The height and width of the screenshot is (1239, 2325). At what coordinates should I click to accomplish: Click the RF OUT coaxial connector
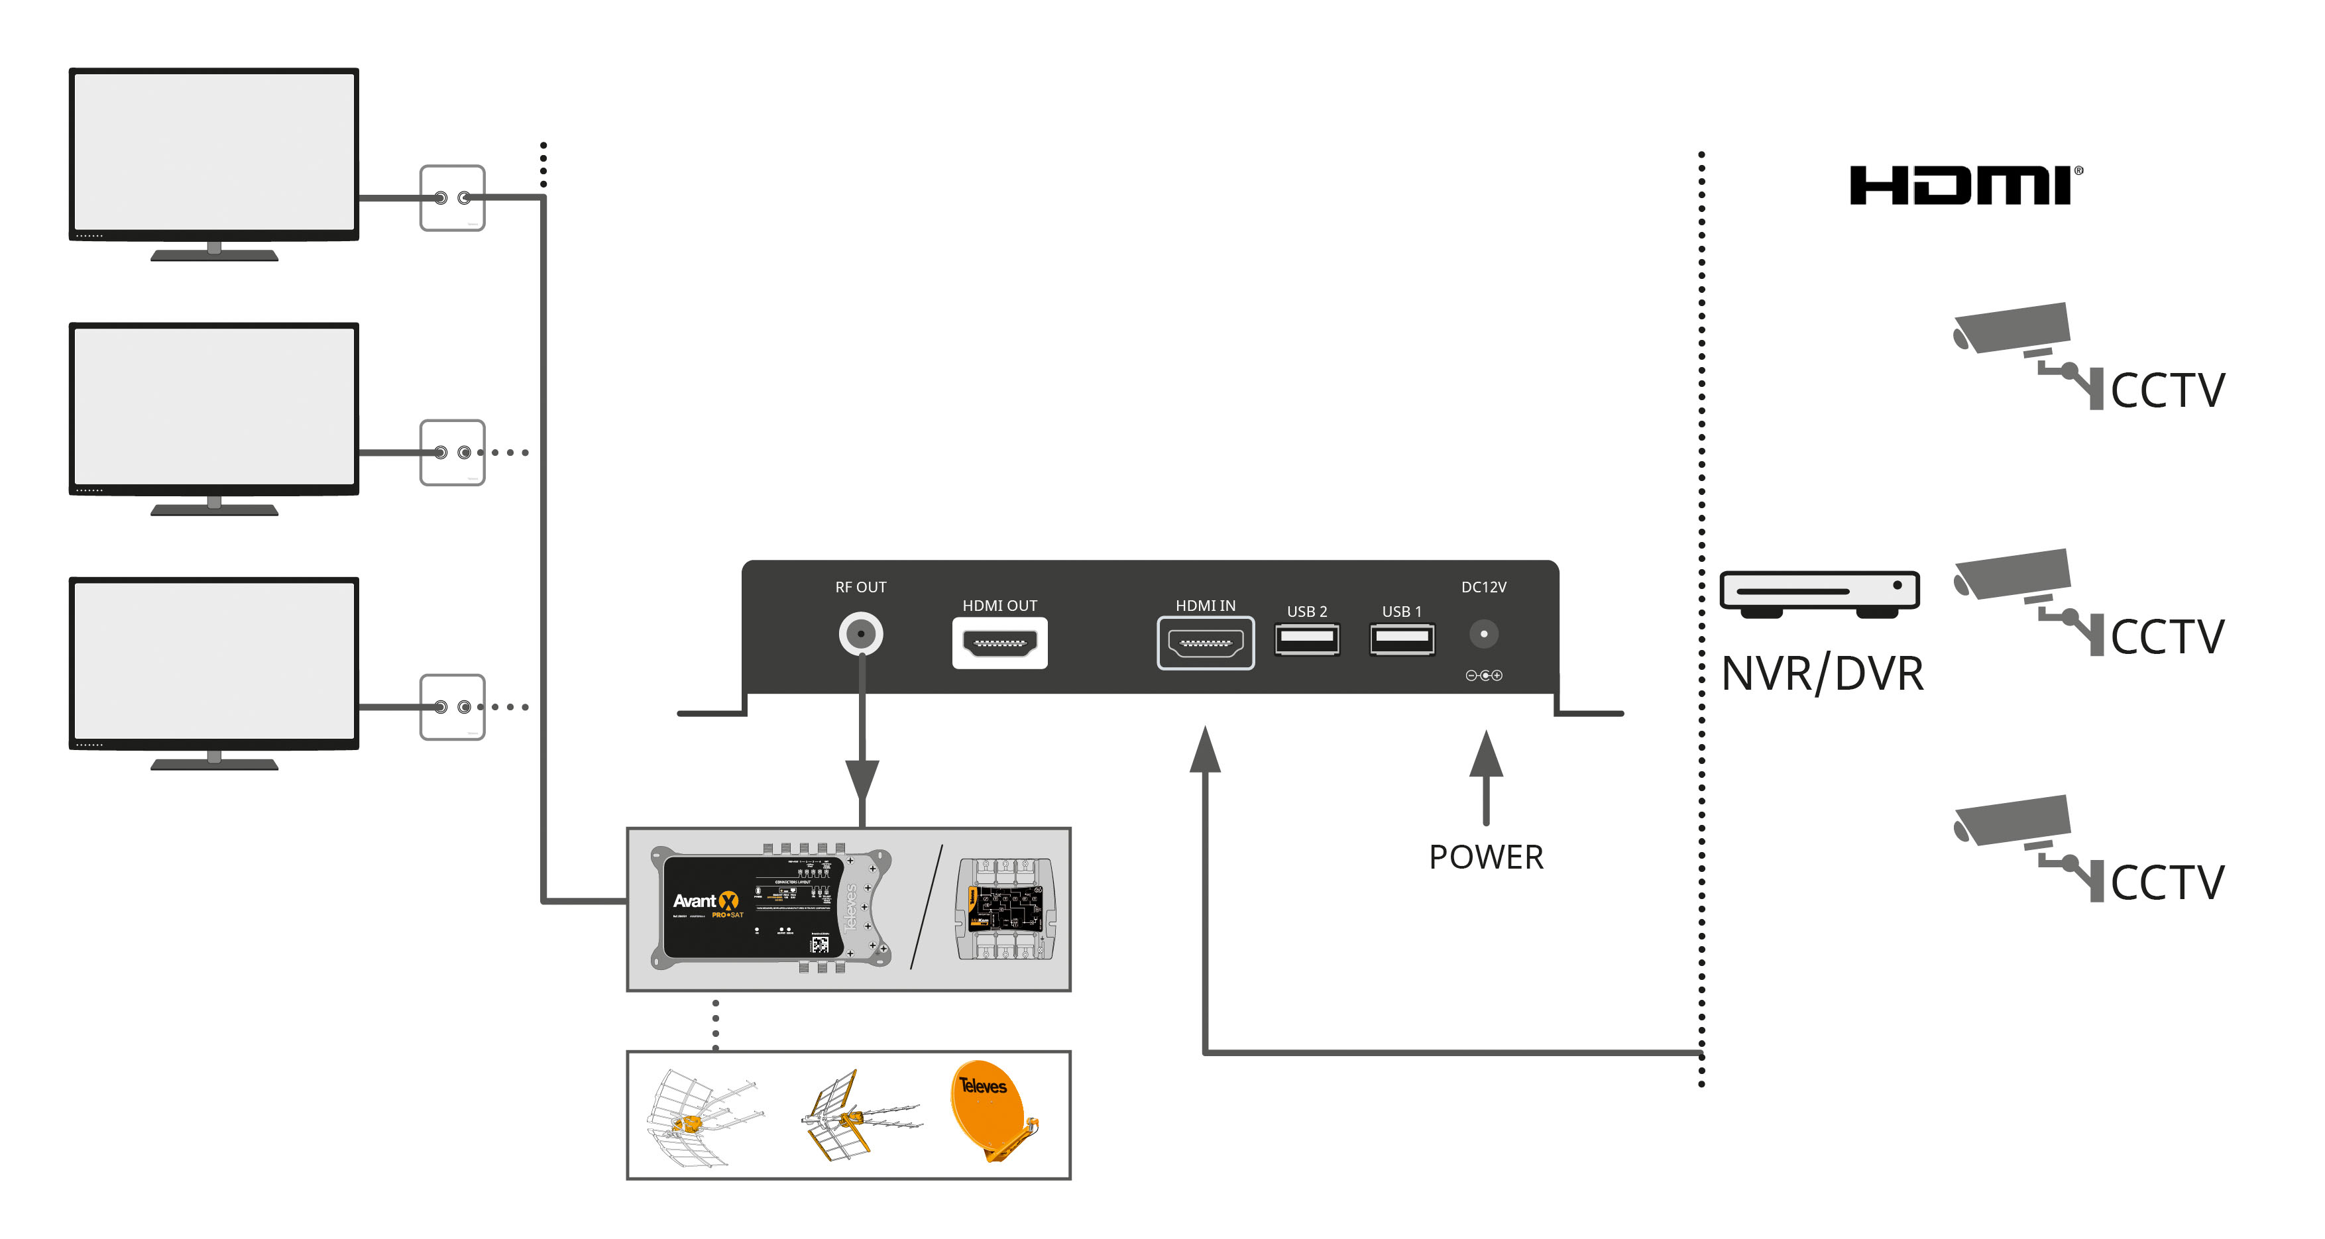click(x=861, y=633)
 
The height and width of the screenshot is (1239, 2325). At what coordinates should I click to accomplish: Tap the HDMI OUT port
click(x=999, y=643)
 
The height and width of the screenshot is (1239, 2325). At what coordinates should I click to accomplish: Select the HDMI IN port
click(x=1205, y=643)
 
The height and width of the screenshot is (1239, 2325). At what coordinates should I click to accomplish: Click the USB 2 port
click(x=1306, y=639)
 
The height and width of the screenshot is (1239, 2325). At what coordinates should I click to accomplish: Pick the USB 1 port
click(x=1402, y=639)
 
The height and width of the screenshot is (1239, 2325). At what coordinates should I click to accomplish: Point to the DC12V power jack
click(x=1484, y=633)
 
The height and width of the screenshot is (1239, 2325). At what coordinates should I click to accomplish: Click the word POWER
click(x=1486, y=857)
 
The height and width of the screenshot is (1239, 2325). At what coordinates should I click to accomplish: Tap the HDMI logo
click(x=1964, y=186)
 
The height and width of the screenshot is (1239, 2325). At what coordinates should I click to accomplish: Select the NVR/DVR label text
click(x=1821, y=673)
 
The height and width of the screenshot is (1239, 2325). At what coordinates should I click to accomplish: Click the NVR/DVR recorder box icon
click(x=1819, y=593)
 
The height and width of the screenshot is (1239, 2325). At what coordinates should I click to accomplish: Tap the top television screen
click(x=214, y=150)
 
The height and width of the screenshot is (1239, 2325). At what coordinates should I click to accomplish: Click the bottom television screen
click(x=214, y=661)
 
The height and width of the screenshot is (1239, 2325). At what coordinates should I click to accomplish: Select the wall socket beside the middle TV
click(x=452, y=452)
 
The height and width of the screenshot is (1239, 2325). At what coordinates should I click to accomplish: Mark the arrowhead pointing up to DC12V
click(x=1486, y=755)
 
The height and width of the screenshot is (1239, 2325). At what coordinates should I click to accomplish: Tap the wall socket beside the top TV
click(x=452, y=197)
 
